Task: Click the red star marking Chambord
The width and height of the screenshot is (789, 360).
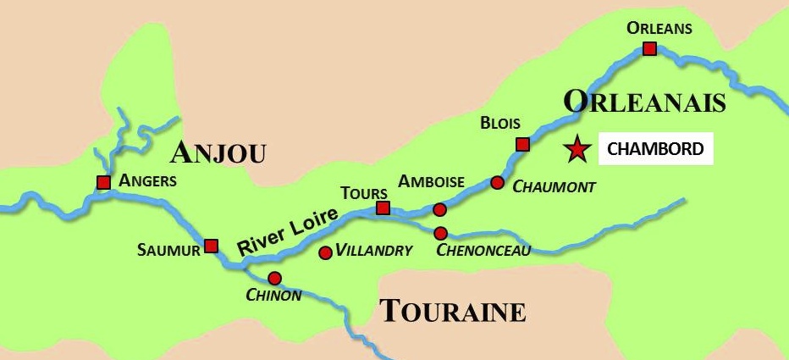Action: pos(577,149)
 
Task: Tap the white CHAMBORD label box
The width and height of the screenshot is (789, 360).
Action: pos(654,149)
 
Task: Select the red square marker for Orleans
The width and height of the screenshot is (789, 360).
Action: pos(649,48)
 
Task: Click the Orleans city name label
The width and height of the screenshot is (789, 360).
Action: pos(659,28)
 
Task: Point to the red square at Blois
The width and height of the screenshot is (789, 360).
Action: pos(522,144)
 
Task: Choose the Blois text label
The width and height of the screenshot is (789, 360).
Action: pos(500,123)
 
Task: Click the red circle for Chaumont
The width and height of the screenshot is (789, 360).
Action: pos(497,182)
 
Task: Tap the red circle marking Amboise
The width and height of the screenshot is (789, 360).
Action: pos(439,209)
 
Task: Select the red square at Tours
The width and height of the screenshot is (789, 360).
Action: pos(383,208)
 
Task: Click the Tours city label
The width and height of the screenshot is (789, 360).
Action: pos(364,192)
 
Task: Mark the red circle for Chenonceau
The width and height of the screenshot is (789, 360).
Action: pos(440,233)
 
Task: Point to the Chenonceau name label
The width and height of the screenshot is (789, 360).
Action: pos(483,250)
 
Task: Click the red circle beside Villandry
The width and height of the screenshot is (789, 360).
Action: pos(325,252)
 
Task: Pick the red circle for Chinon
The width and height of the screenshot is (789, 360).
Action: pos(274,278)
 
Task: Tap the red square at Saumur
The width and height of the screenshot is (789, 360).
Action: pos(212,246)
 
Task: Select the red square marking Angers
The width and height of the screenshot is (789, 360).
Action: pos(103,182)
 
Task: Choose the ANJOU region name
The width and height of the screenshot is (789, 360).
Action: pos(218,152)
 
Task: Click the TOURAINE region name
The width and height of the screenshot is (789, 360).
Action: pos(452,311)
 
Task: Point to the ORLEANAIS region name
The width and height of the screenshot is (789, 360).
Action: pos(645,102)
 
